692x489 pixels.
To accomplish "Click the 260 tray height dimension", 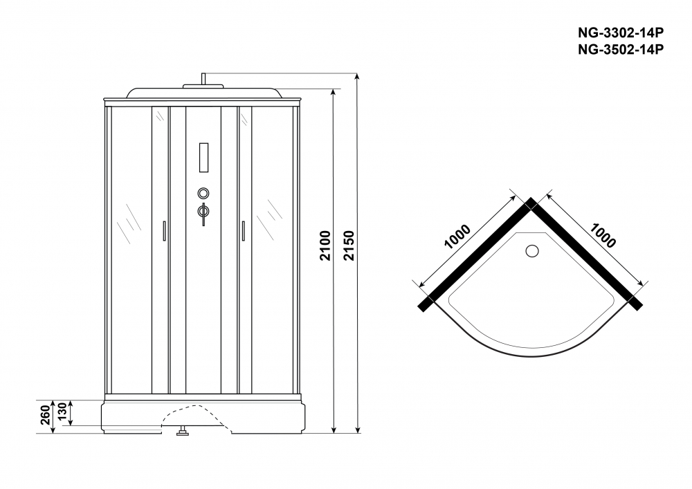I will tap(44, 416).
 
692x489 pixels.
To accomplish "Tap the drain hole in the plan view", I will tap(532, 251).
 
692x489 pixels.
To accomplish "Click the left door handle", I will tap(164, 230).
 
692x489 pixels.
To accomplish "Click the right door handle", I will tap(243, 230).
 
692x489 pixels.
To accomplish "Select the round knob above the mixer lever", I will tap(203, 194).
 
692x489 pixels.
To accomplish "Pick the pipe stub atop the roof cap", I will tap(203, 80).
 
